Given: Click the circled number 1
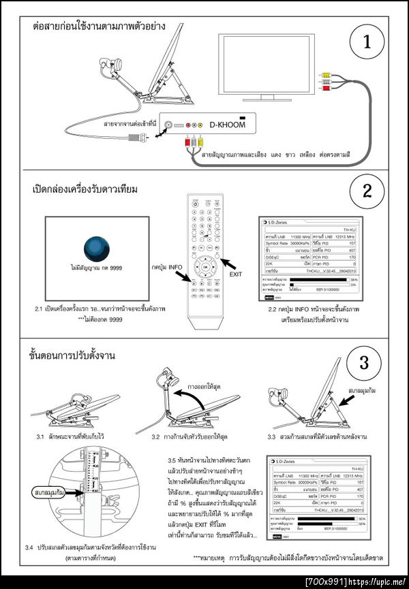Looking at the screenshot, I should point(367,42).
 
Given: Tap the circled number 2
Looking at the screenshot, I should point(367,190).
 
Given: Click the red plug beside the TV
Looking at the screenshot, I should point(327,88).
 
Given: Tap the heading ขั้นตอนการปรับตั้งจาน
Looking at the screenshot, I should point(72,356).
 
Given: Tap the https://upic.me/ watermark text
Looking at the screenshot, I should point(378,582).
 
